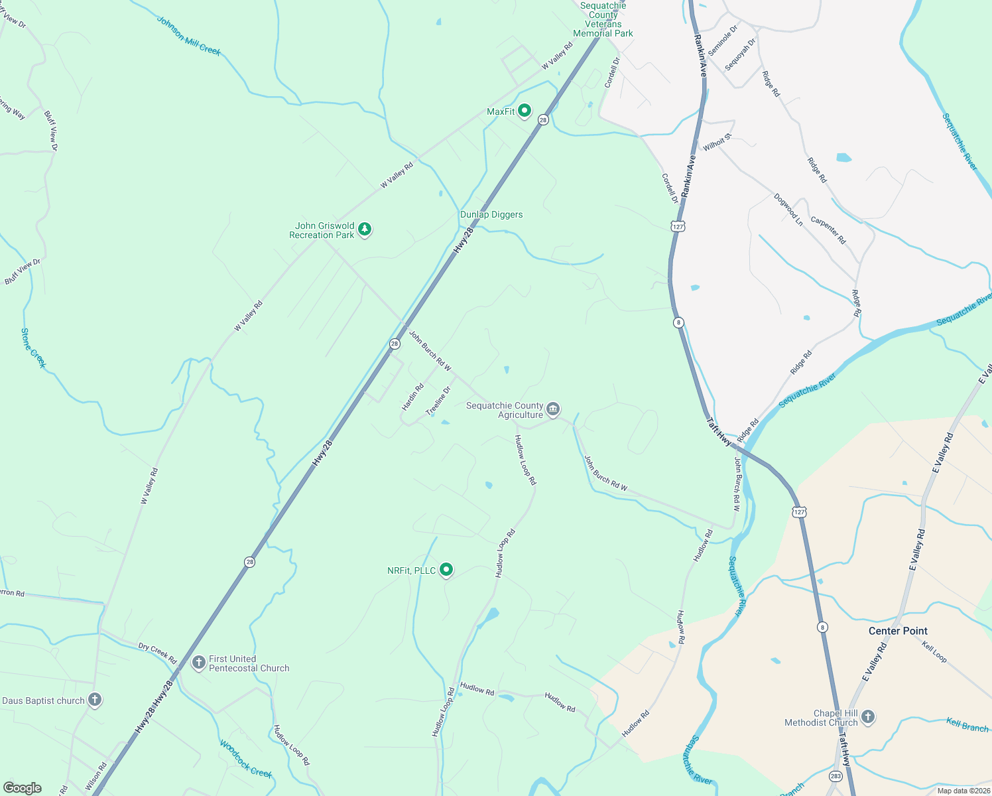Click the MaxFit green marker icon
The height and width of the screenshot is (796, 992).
525,111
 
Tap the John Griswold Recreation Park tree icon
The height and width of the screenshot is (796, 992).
364,230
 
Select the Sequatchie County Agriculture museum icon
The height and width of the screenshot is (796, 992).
553,409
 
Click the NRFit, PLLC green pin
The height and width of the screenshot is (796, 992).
447,569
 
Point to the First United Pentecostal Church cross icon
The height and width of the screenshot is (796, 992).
198,662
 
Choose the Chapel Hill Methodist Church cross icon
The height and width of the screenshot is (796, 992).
868,716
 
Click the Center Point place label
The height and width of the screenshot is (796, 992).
898,631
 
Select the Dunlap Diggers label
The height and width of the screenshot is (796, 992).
491,214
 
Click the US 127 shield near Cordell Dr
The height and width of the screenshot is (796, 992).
677,226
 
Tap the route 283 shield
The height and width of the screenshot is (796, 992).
836,775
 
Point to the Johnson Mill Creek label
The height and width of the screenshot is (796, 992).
188,36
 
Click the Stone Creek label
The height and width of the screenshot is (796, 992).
33,348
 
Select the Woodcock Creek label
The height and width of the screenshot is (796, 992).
246,759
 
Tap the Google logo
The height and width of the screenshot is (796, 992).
23,787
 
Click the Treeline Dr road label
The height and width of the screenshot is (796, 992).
438,401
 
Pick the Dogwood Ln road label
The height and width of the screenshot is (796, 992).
788,210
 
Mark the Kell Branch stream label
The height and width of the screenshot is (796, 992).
967,725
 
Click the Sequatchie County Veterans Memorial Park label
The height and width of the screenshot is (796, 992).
603,19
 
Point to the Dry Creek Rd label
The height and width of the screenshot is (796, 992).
157,653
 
